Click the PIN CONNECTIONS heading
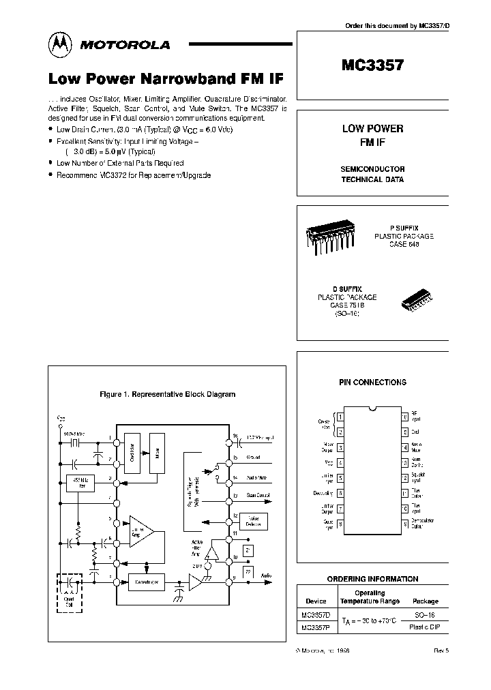point(372,382)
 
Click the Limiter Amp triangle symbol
point(140,532)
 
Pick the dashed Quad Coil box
point(68,592)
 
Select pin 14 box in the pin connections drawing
point(404,448)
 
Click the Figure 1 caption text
point(167,394)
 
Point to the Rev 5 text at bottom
point(441,652)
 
